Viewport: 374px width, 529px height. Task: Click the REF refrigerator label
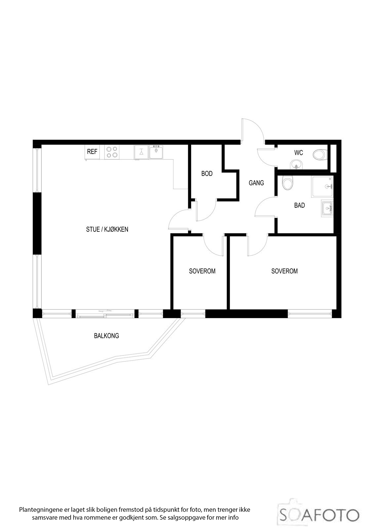[x=92, y=152]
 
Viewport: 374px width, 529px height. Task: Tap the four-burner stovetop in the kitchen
[x=112, y=152]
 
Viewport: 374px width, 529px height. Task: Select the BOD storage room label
[x=207, y=174]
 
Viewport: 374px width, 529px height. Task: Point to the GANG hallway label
[x=256, y=183]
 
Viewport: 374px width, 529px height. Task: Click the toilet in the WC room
[x=320, y=155]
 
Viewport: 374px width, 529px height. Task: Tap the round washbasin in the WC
[x=296, y=164]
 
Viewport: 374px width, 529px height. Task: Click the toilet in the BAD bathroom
[x=287, y=183]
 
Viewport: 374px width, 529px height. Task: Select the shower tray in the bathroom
[x=322, y=186]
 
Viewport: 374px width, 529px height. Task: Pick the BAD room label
[x=299, y=205]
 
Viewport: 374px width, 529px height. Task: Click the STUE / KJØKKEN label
[x=107, y=229]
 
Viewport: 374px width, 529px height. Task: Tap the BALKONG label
[x=106, y=336]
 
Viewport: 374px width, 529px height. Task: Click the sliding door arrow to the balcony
[x=105, y=311]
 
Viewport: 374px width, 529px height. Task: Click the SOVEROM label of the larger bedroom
[x=284, y=271]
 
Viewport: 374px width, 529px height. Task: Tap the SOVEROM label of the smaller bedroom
[x=202, y=271]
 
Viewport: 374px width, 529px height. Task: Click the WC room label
[x=298, y=153]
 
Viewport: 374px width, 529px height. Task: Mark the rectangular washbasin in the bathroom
[x=327, y=208]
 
